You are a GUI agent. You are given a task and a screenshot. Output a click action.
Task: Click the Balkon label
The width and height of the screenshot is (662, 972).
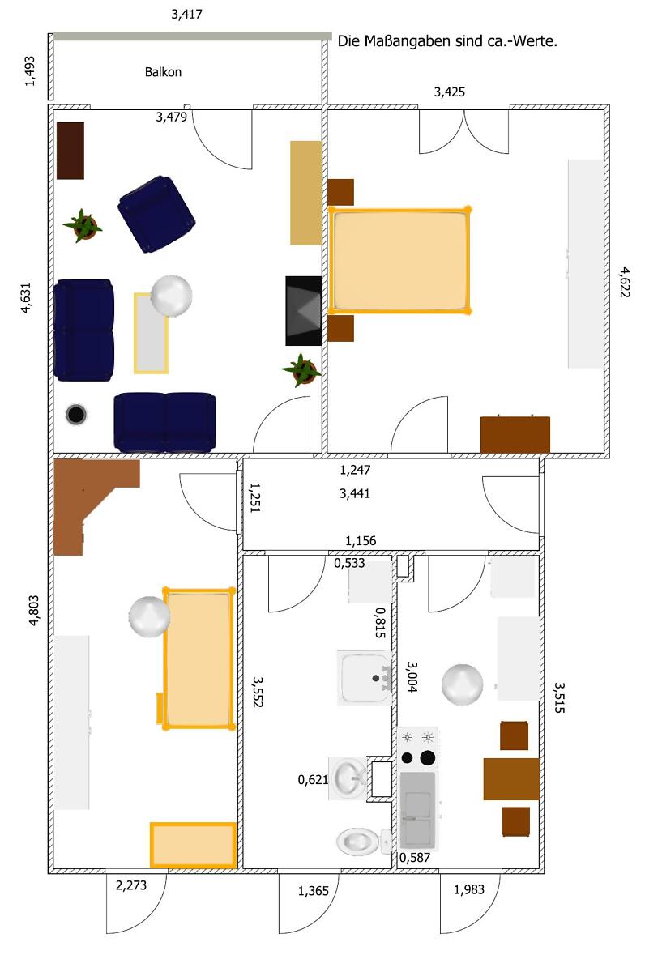[x=163, y=72]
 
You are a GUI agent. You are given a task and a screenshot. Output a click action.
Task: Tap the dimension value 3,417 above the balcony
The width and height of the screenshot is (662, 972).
[x=186, y=15]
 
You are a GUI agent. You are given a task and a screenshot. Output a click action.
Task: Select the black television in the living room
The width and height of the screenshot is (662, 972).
[x=303, y=311]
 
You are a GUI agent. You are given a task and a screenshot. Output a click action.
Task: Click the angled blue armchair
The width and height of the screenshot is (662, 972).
[x=156, y=214]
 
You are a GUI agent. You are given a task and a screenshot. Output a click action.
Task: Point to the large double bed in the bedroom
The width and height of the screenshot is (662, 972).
[x=399, y=260]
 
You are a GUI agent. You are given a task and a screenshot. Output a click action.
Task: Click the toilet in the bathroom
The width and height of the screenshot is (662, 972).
[x=363, y=841]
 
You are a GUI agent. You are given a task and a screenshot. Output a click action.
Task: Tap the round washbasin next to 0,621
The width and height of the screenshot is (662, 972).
[x=348, y=778]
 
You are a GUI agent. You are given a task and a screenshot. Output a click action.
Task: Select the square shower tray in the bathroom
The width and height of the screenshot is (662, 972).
[x=365, y=678]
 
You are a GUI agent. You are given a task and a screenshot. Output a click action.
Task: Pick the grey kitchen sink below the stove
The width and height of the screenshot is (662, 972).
[x=417, y=811]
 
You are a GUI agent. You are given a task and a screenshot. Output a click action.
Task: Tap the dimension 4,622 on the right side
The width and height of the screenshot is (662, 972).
[x=624, y=282]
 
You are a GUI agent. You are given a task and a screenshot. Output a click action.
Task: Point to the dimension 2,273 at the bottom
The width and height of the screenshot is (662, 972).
[x=131, y=885]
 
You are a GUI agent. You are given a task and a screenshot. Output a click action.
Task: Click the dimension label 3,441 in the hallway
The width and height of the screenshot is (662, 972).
[x=355, y=494]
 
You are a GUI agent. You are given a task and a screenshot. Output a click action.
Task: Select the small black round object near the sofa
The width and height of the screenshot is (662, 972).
[x=76, y=415]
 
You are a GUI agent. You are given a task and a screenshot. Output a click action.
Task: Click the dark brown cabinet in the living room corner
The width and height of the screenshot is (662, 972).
[x=70, y=151]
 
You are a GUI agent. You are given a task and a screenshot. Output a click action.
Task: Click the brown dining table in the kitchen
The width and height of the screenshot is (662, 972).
[x=511, y=779]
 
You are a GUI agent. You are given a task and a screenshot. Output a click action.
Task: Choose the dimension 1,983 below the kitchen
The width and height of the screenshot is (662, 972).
[x=469, y=889]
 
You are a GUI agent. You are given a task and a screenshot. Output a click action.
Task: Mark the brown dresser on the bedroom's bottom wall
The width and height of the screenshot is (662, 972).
[x=515, y=434]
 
